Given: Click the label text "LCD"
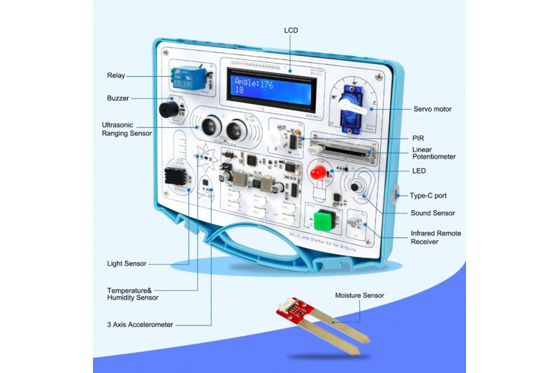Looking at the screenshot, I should (291, 30).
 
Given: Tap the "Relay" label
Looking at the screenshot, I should (116, 75).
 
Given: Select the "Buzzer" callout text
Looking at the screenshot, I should (118, 98).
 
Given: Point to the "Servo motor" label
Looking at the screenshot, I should (433, 109).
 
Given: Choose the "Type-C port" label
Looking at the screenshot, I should (428, 196).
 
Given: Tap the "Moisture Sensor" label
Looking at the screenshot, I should (359, 295).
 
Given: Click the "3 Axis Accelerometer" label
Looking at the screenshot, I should (140, 324).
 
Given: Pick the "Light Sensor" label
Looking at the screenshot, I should (126, 263).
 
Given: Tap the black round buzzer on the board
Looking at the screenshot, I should (168, 110).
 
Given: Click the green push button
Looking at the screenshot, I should (322, 220).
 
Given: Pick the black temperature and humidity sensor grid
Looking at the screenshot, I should (176, 180).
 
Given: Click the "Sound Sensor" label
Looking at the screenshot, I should (433, 213).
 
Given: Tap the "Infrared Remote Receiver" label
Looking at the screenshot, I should (435, 237).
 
